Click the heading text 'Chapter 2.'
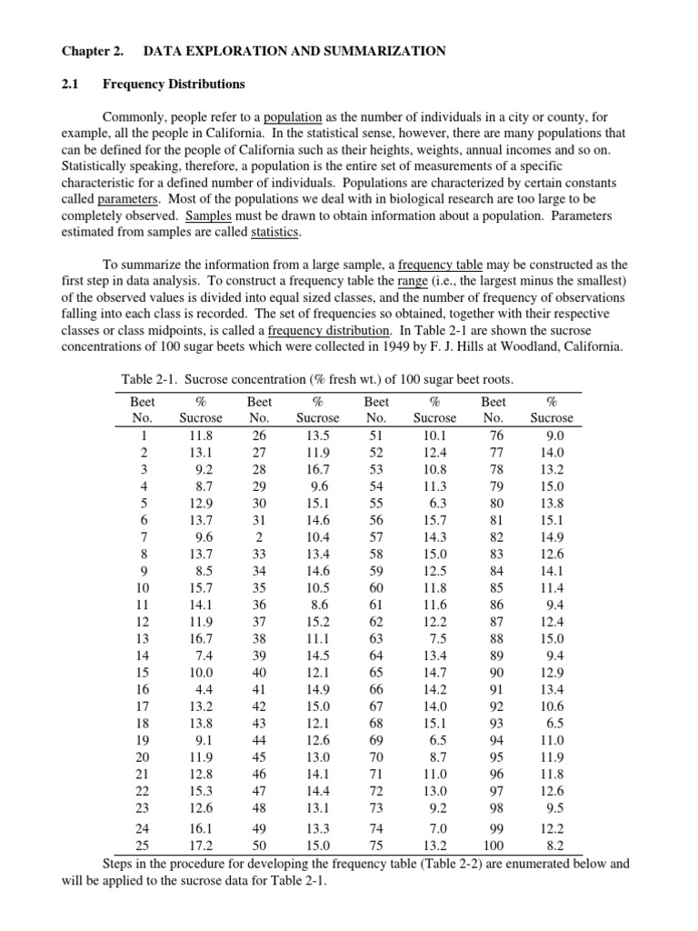[x=92, y=51]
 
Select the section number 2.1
[x=71, y=85]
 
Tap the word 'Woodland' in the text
[x=512, y=346]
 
